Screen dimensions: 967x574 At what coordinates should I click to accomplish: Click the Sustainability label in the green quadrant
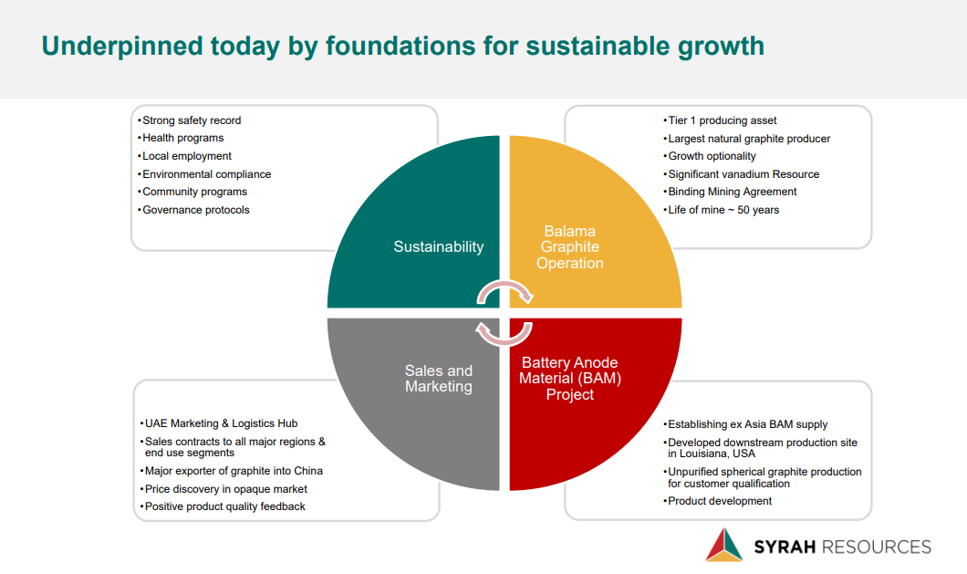pyautogui.click(x=439, y=247)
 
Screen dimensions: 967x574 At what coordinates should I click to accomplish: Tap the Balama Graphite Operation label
pyautogui.click(x=570, y=247)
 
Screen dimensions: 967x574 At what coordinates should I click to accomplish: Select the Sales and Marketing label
pyautogui.click(x=439, y=379)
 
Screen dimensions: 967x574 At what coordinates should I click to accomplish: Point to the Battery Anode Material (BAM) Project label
pyautogui.click(x=570, y=379)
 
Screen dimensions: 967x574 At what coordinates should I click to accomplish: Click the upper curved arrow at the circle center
pyautogui.click(x=504, y=284)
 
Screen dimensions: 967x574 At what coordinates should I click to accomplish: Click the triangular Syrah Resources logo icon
pyautogui.click(x=724, y=545)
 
